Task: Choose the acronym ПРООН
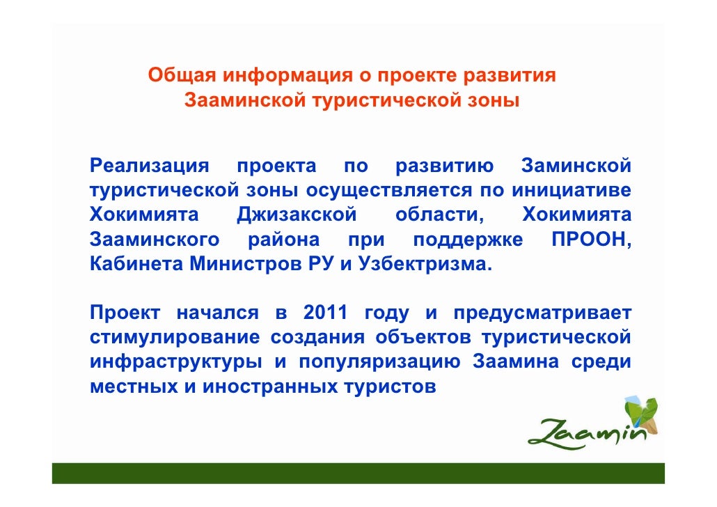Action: pyautogui.click(x=591, y=240)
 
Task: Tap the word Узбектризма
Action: pyautogui.click(x=424, y=265)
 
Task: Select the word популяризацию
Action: pyautogui.click(x=379, y=363)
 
